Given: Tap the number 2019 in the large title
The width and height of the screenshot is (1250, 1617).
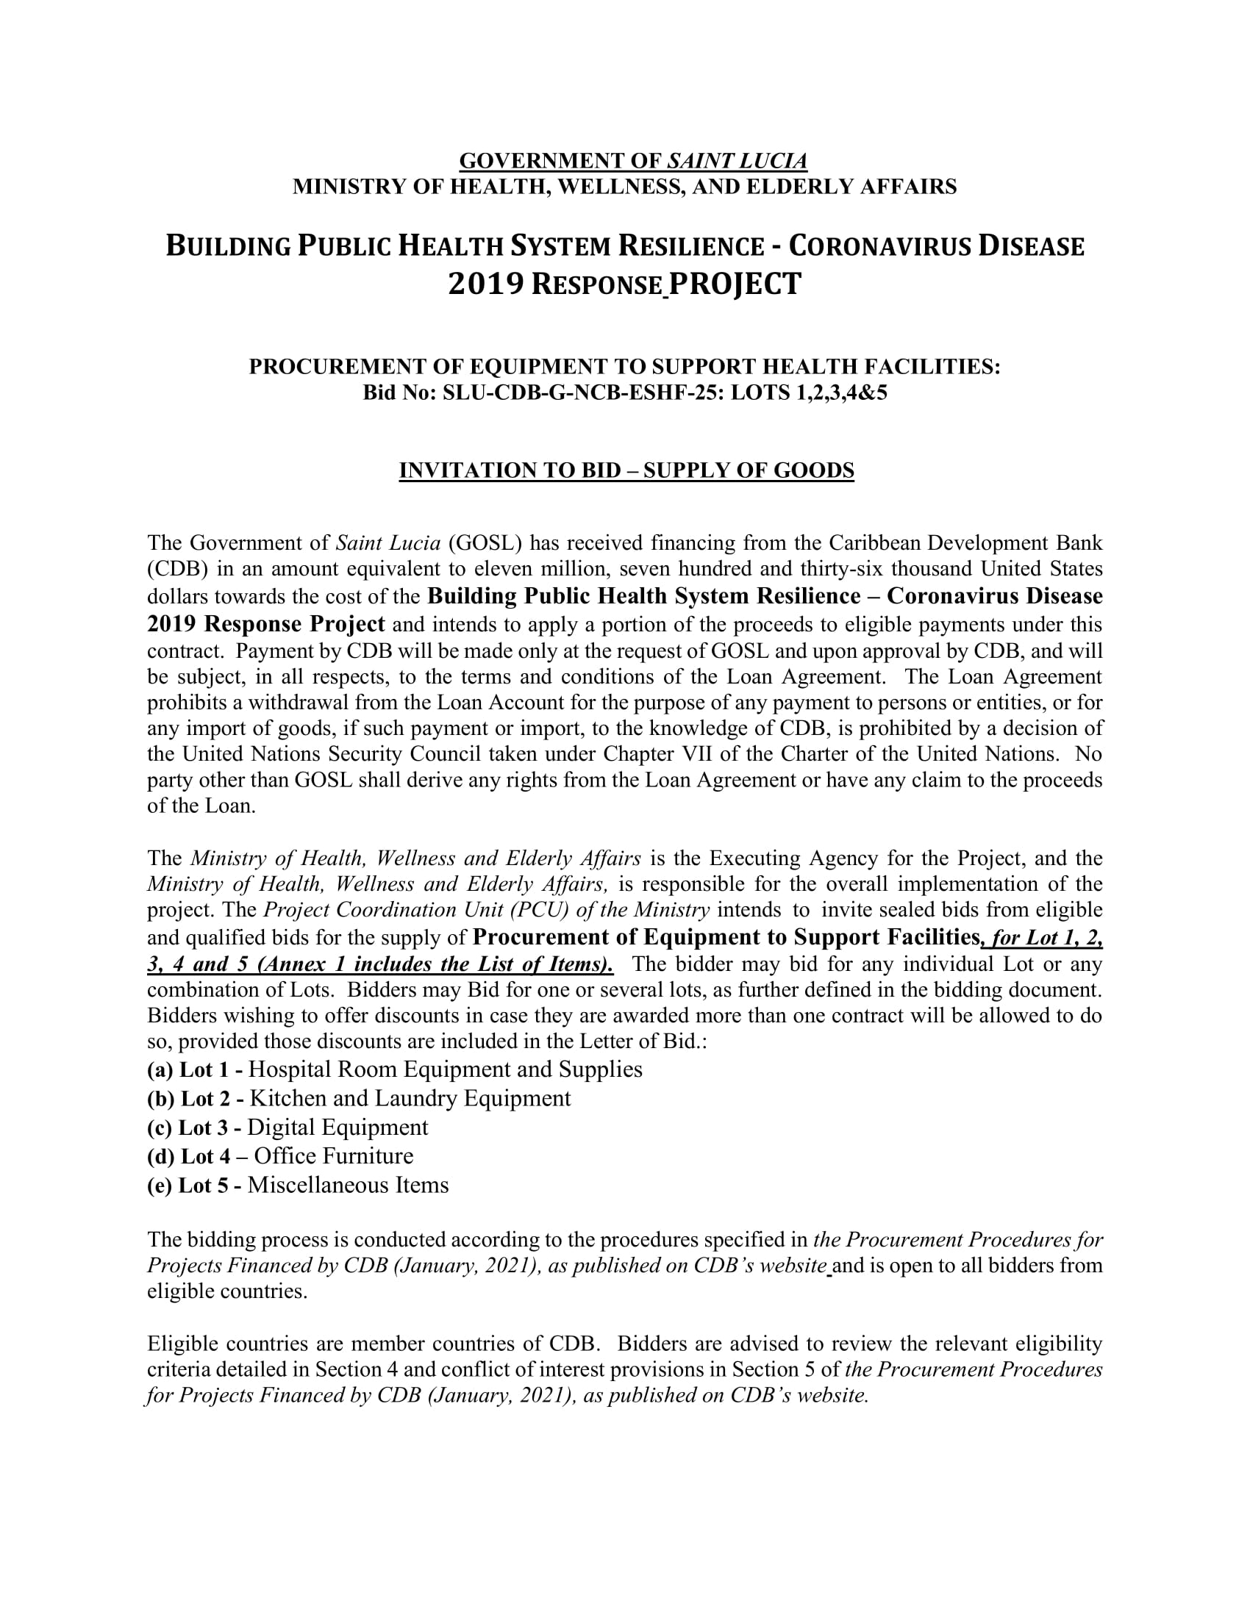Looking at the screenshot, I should coord(485,284).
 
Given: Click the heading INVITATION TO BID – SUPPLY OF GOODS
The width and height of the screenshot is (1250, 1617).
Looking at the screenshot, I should coord(626,470).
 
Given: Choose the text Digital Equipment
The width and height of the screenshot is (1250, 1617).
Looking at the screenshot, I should coord(337,1127).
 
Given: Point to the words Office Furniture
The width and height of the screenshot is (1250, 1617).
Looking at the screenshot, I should coord(334,1156).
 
